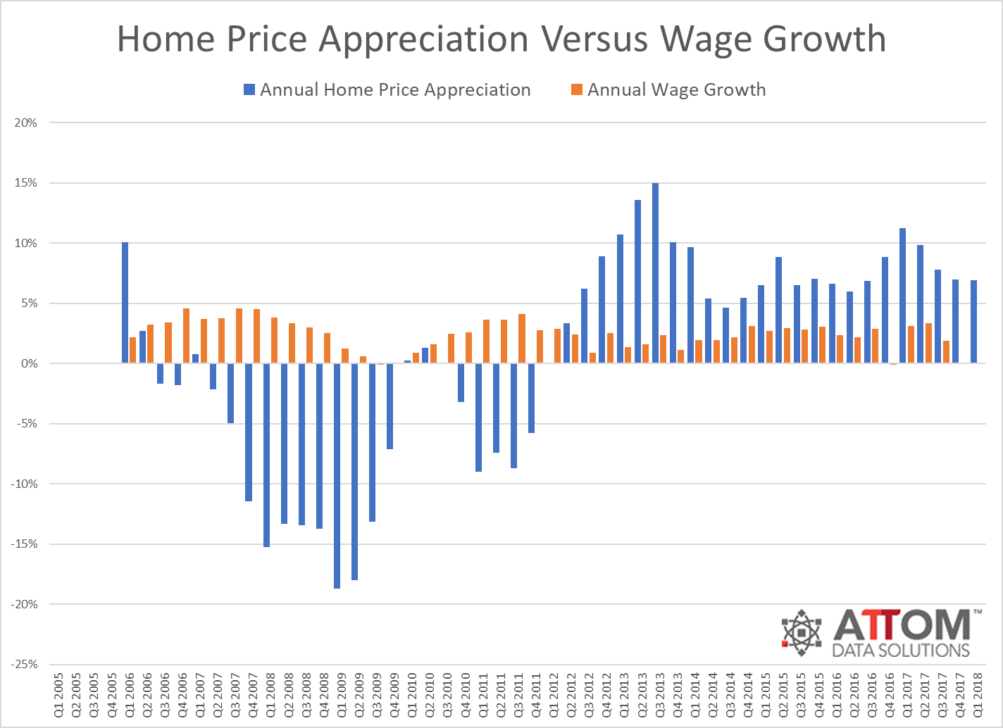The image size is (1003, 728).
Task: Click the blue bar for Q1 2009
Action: click(337, 475)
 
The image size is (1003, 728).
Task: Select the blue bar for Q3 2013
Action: click(655, 273)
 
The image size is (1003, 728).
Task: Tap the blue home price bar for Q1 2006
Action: click(125, 303)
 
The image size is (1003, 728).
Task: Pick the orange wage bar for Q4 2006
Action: click(186, 336)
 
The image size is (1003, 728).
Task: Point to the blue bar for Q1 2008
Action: click(266, 455)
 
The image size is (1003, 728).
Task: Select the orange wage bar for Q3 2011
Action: click(522, 339)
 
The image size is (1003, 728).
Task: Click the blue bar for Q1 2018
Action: click(973, 322)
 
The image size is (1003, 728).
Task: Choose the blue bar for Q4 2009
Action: click(390, 406)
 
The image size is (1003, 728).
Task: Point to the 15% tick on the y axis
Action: click(26, 183)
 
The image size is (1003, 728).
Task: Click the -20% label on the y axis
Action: click(24, 604)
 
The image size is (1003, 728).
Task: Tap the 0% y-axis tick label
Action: click(28, 363)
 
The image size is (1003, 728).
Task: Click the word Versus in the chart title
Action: click(594, 39)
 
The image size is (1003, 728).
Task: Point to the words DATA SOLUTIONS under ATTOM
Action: click(901, 649)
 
